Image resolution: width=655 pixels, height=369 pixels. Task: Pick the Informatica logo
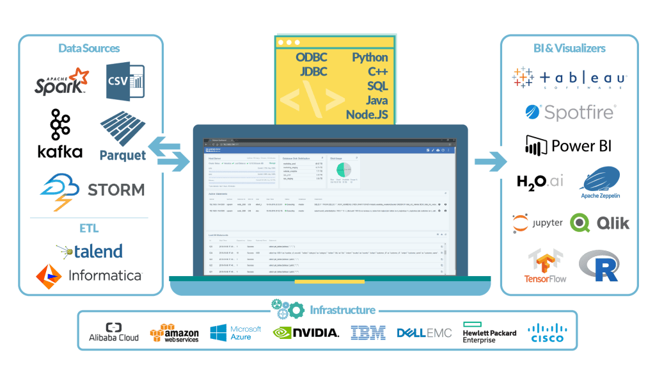pyautogui.click(x=89, y=275)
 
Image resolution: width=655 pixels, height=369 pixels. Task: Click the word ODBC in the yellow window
pyautogui.click(x=312, y=57)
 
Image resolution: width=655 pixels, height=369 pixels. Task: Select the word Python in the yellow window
pyautogui.click(x=370, y=57)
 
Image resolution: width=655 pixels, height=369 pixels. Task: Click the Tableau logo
pyautogui.click(x=569, y=78)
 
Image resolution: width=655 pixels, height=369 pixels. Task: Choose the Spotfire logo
pyautogui.click(x=569, y=112)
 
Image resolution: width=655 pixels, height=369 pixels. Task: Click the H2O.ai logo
pyautogui.click(x=540, y=181)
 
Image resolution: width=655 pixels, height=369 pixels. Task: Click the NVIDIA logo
pyautogui.click(x=305, y=332)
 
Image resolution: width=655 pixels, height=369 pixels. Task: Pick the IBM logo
pyautogui.click(x=368, y=332)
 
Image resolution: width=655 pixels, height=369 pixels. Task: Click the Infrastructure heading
pyautogui.click(x=342, y=311)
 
